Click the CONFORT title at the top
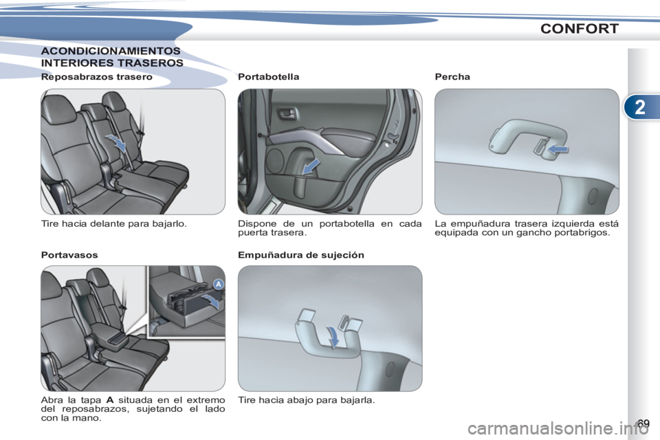[x=580, y=29]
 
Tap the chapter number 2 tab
[x=640, y=107]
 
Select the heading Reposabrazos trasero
[x=97, y=77]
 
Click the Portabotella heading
[x=269, y=77]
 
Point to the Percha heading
[x=452, y=77]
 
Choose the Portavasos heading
[x=69, y=255]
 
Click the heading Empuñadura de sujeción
[x=301, y=255]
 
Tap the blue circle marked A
[x=219, y=285]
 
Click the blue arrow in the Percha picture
[x=558, y=148]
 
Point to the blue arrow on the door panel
[x=311, y=166]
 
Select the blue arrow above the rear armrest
[x=116, y=142]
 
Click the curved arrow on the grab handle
[x=333, y=338]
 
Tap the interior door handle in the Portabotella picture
[x=287, y=113]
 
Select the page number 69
[x=643, y=423]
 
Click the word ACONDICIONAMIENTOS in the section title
[x=111, y=51]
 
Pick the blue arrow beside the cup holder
[x=211, y=300]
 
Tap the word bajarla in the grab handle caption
[x=358, y=400]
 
